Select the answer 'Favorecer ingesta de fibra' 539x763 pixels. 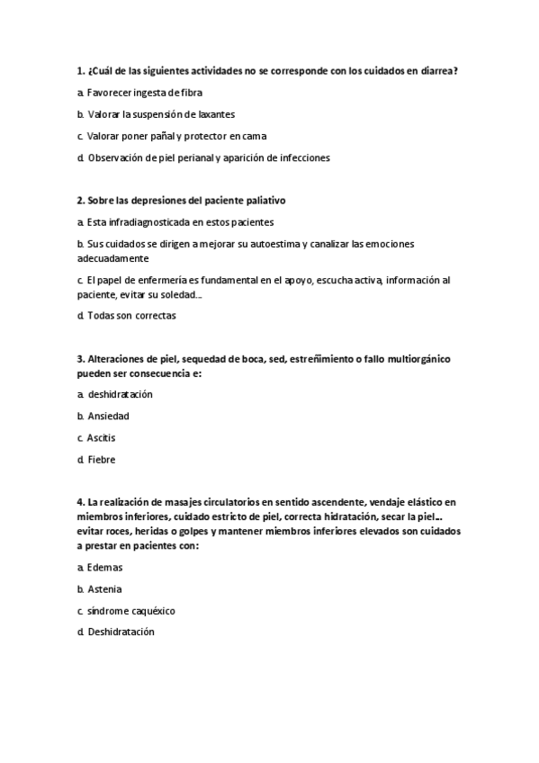(x=144, y=93)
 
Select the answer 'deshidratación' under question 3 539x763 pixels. (x=120, y=394)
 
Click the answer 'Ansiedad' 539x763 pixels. (x=108, y=416)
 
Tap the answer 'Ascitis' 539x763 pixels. (x=102, y=437)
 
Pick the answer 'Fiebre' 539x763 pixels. (x=102, y=459)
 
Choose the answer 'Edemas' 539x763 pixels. (x=104, y=568)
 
